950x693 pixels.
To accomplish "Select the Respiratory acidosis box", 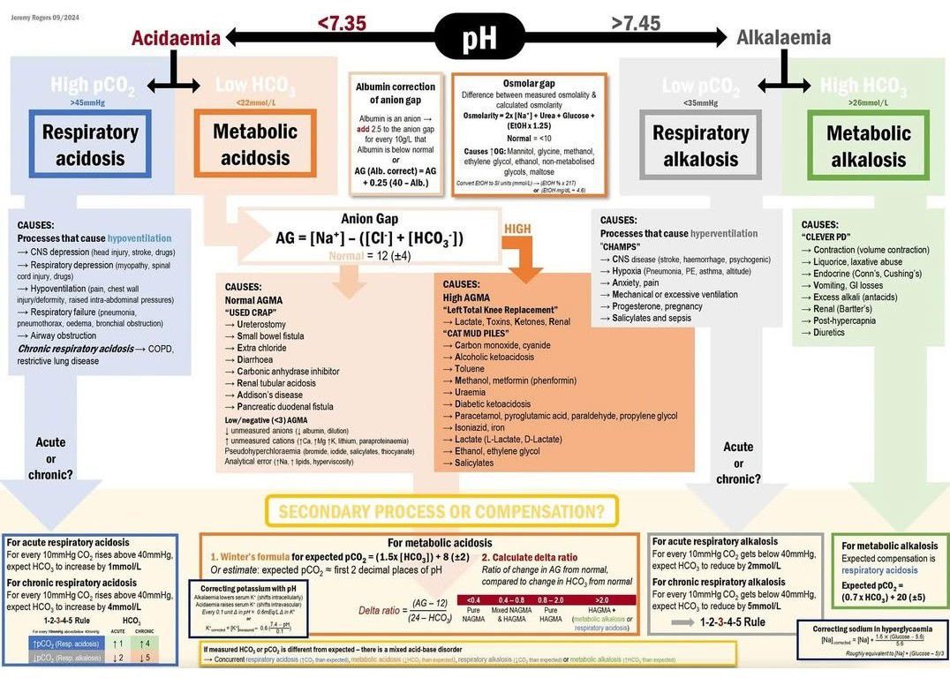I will tap(90, 145).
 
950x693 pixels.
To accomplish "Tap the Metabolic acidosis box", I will tap(254, 145).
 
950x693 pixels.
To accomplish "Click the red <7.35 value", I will tap(342, 24).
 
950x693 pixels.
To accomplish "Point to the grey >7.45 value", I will tap(636, 24).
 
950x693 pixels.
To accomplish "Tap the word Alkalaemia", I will tap(783, 38).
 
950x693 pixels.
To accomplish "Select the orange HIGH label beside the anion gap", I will tap(517, 229).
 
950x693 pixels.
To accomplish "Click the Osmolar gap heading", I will tap(530, 83).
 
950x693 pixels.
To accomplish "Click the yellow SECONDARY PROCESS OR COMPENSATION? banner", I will tap(441, 511).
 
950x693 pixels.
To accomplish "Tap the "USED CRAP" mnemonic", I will tap(253, 313).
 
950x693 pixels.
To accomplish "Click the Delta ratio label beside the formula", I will tap(381, 610).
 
